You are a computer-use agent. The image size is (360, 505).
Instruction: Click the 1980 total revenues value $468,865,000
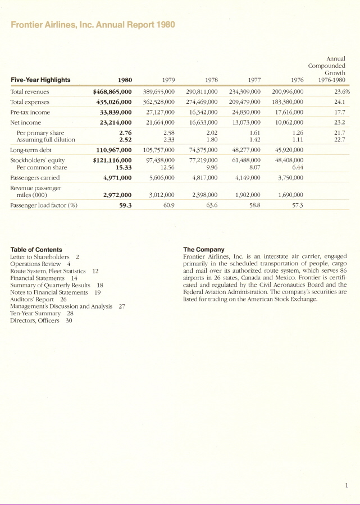[112, 91]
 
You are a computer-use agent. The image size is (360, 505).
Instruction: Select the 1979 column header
[166, 80]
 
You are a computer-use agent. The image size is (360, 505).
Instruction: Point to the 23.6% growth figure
[341, 91]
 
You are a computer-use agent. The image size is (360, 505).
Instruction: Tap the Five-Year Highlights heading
[40, 80]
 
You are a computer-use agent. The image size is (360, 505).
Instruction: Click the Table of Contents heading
[36, 250]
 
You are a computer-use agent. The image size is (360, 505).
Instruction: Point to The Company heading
[203, 250]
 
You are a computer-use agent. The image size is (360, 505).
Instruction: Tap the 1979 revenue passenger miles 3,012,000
[160, 195]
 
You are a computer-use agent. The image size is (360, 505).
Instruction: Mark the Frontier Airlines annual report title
[93, 25]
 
